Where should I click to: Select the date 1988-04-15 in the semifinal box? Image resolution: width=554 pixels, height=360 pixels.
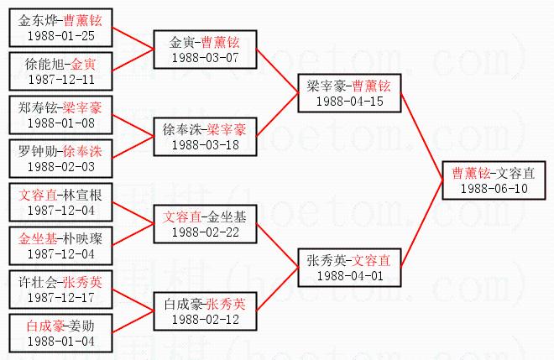tap(349, 101)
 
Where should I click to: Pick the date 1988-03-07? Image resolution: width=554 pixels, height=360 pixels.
tap(205, 57)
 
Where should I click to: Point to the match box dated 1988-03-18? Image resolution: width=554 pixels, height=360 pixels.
tap(205, 138)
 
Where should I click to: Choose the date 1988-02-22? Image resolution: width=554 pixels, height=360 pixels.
tap(205, 232)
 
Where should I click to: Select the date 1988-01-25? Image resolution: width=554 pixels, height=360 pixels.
tap(60, 35)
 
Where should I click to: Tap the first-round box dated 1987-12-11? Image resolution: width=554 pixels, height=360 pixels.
tap(60, 70)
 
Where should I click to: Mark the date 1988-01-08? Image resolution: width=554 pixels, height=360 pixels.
tap(60, 123)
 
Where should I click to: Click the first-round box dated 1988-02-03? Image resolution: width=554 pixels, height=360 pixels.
tap(60, 158)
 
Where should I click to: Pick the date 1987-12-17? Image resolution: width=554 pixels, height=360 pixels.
tap(60, 297)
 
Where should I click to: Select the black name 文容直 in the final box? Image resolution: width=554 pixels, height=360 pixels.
tap(514, 173)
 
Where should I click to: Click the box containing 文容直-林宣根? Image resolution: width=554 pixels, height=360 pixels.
tap(60, 201)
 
